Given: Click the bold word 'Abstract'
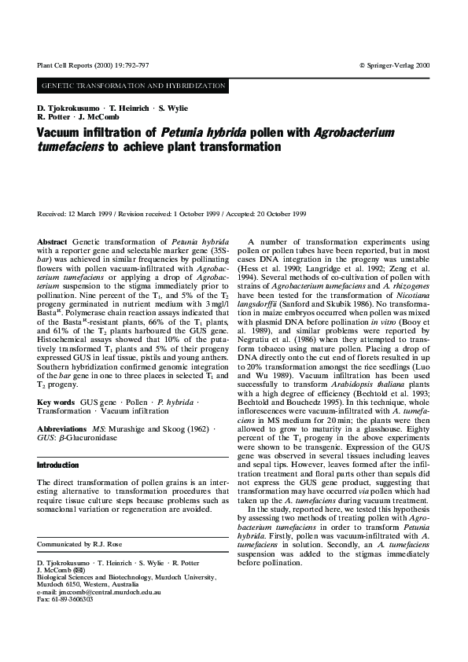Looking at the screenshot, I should point(53,240).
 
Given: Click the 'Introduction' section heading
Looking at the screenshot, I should point(57,465).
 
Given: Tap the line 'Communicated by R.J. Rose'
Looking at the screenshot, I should point(80,522).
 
